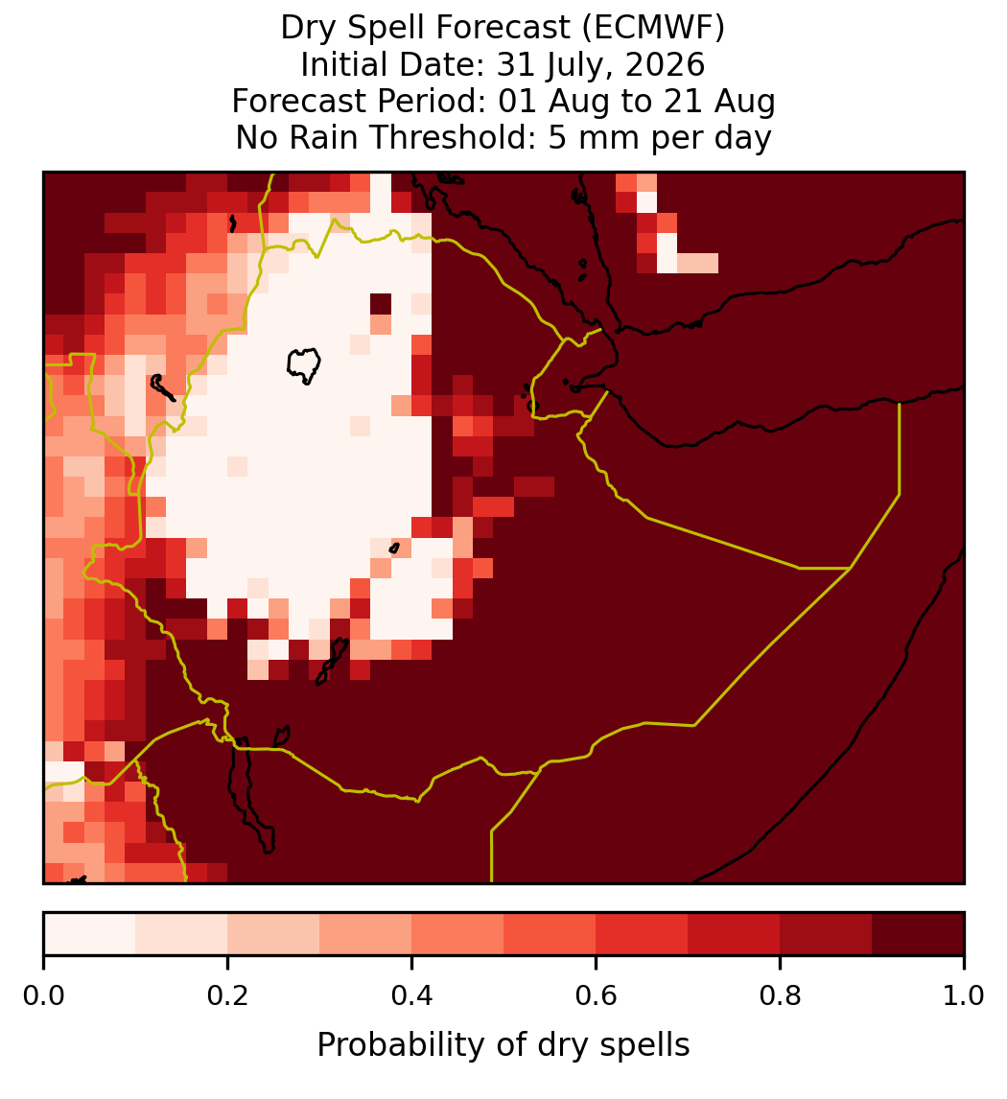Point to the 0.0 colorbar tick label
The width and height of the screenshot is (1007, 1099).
43,995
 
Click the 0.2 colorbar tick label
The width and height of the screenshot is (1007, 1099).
227,995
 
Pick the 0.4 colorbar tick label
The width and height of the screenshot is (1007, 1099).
412,995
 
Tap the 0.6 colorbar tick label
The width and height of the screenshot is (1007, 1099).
596,995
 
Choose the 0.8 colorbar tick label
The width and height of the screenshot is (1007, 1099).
780,995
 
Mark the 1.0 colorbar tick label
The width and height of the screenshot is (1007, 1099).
964,995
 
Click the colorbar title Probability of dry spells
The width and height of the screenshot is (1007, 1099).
503,1045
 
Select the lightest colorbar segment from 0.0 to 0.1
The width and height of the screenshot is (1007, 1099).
90,934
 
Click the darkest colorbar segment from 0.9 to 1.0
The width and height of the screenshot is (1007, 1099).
918,934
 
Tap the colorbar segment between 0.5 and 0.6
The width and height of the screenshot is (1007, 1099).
550,934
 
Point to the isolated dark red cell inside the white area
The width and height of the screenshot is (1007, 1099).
381,304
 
